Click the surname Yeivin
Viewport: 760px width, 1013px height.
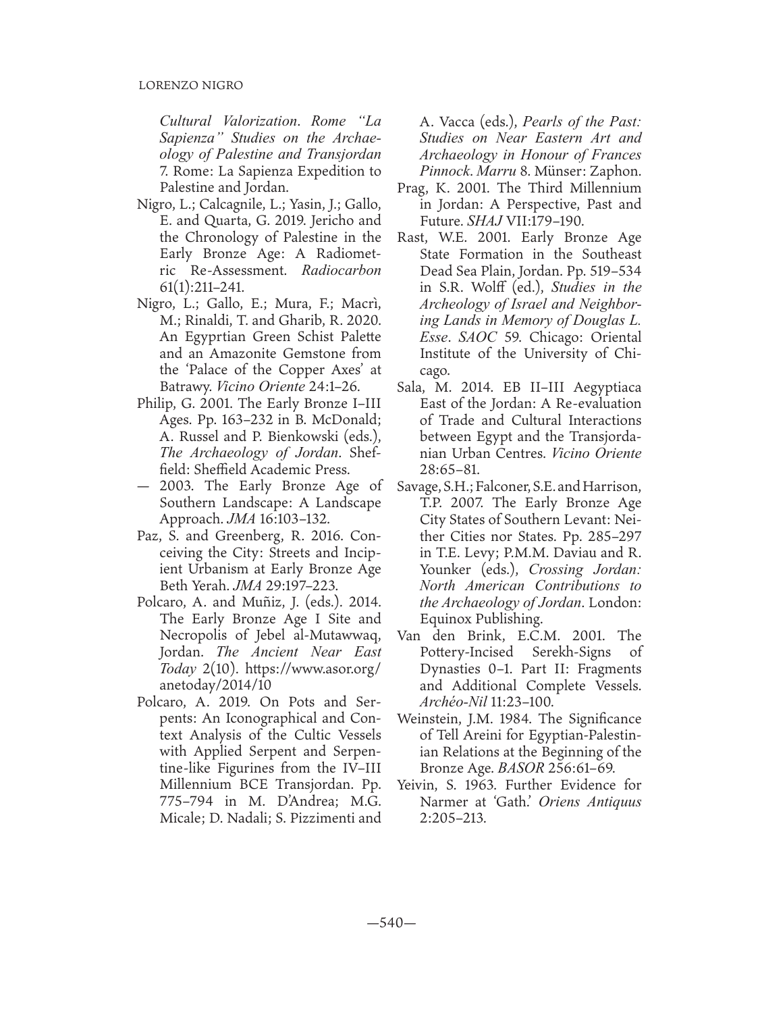(416, 785)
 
